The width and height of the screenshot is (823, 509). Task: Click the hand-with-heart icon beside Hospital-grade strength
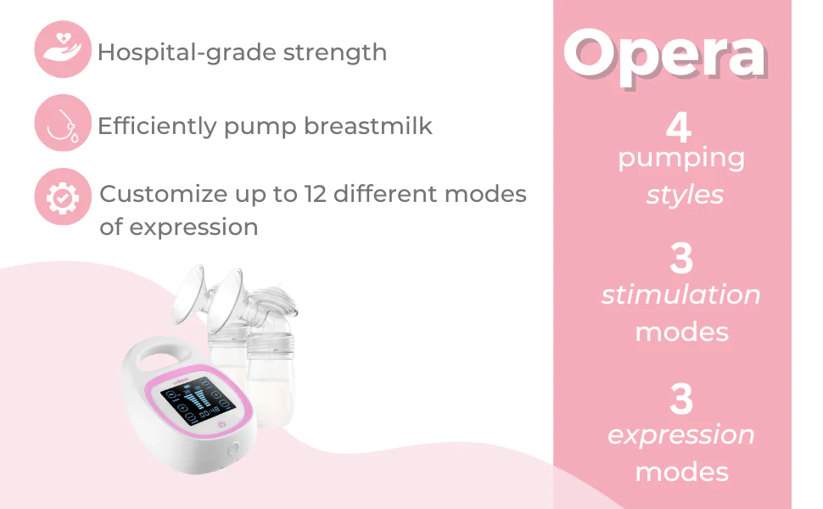pos(63,49)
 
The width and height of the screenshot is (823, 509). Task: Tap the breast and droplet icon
pos(63,123)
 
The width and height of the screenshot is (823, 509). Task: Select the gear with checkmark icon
pos(63,197)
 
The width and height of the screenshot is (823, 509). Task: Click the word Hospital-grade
pos(188,53)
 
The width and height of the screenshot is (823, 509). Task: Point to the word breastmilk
pos(368,126)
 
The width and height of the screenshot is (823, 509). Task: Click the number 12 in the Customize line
pos(316,193)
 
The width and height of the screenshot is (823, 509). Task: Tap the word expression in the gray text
pos(193,227)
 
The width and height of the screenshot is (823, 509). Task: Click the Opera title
pos(665,57)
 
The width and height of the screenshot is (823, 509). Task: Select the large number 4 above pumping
pos(678,126)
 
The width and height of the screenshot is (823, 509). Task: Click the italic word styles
pos(685,195)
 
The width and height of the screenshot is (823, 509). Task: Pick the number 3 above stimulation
pos(681,258)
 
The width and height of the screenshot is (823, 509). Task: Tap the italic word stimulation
pos(680,294)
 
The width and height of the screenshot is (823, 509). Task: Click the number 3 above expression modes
pos(681,399)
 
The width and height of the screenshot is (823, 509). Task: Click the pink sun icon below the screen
pos(221,424)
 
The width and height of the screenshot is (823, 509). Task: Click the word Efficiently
pos(157,126)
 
